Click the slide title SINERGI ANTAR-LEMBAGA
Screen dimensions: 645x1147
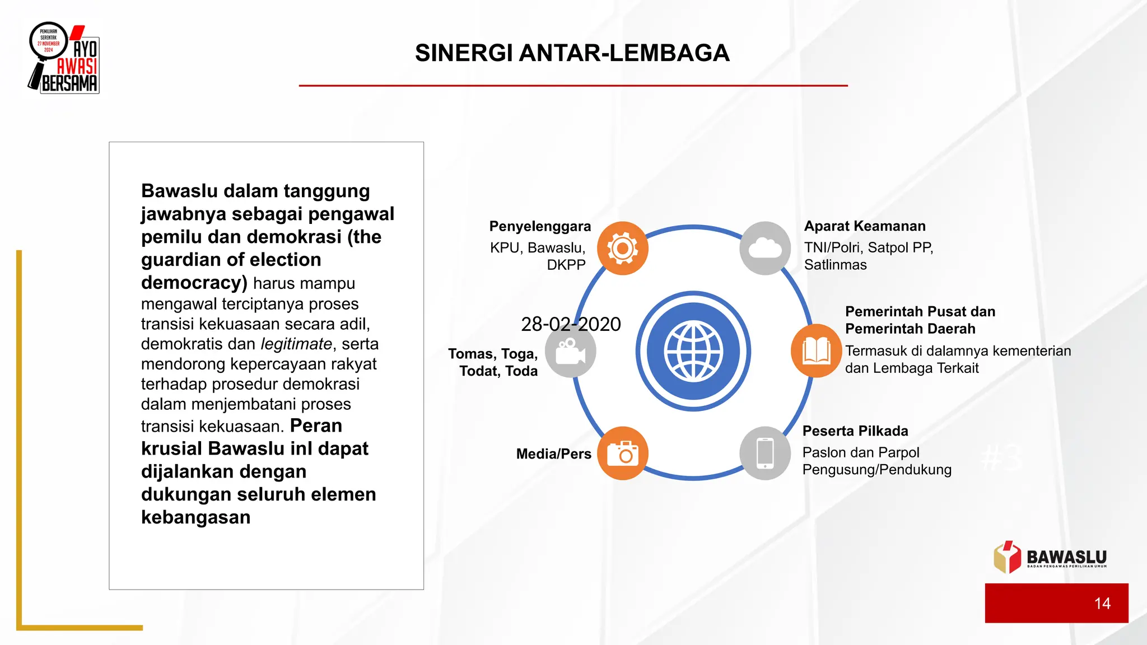572,53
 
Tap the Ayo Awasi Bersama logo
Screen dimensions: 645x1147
64,58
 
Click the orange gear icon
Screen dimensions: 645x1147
622,248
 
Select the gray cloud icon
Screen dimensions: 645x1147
765,248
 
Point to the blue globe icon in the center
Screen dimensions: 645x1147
693,351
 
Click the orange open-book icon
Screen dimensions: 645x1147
816,351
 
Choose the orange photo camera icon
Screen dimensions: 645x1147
622,454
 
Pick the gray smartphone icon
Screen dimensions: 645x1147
765,454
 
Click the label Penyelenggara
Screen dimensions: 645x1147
540,226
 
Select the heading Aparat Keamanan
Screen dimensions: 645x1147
865,226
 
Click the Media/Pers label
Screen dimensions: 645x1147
553,454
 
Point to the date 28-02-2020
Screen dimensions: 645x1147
571,324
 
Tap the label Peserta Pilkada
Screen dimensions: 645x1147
855,431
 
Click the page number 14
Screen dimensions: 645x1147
1102,604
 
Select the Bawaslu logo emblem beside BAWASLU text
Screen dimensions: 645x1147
1007,557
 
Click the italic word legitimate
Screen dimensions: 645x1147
296,344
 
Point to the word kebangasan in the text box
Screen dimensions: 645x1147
195,517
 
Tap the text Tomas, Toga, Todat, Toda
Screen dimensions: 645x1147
493,362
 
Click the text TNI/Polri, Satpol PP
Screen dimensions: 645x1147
869,247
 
